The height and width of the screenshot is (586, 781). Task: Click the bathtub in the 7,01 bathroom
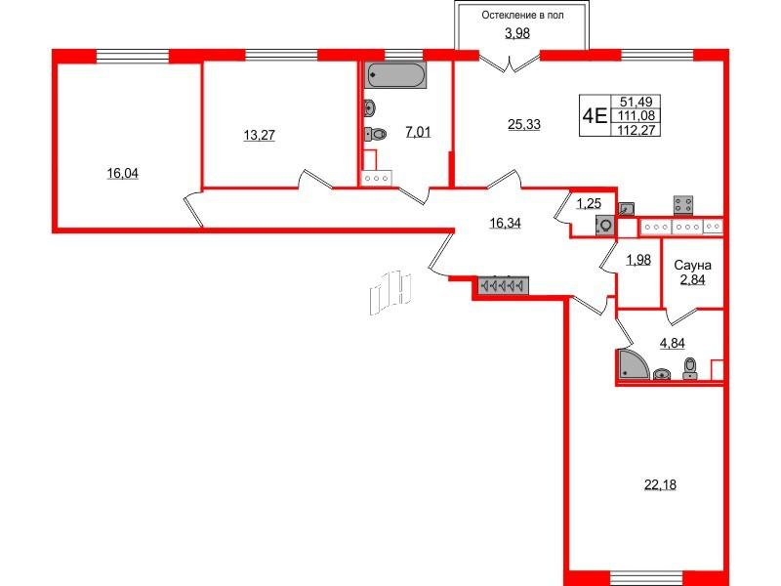[x=395, y=75]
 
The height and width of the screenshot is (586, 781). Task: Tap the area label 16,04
[x=123, y=174]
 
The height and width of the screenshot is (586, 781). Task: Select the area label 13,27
[x=259, y=135]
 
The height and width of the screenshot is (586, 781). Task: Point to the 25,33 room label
[x=524, y=124]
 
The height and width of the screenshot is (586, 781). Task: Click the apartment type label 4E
[x=595, y=116]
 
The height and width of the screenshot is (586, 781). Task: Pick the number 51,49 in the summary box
[x=637, y=102]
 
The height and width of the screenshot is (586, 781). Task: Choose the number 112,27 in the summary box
[x=636, y=130]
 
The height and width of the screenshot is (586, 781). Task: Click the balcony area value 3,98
[x=517, y=33]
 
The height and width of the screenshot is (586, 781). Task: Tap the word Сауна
[x=692, y=265]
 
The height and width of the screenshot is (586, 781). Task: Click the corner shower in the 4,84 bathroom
[x=632, y=363]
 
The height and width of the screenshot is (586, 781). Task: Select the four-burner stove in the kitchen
[x=684, y=205]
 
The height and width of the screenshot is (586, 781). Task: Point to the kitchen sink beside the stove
[x=626, y=208]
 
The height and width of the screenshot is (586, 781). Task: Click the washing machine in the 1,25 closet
[x=605, y=226]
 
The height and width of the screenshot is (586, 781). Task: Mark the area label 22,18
[x=660, y=484]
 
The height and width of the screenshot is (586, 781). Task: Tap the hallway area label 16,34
[x=505, y=224]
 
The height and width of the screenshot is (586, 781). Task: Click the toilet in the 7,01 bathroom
[x=376, y=134]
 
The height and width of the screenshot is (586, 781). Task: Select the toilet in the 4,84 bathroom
[x=690, y=369]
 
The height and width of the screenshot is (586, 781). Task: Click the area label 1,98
[x=638, y=260]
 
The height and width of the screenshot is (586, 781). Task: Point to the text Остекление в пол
[x=522, y=16]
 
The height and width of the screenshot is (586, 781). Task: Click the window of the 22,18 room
[x=646, y=578]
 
